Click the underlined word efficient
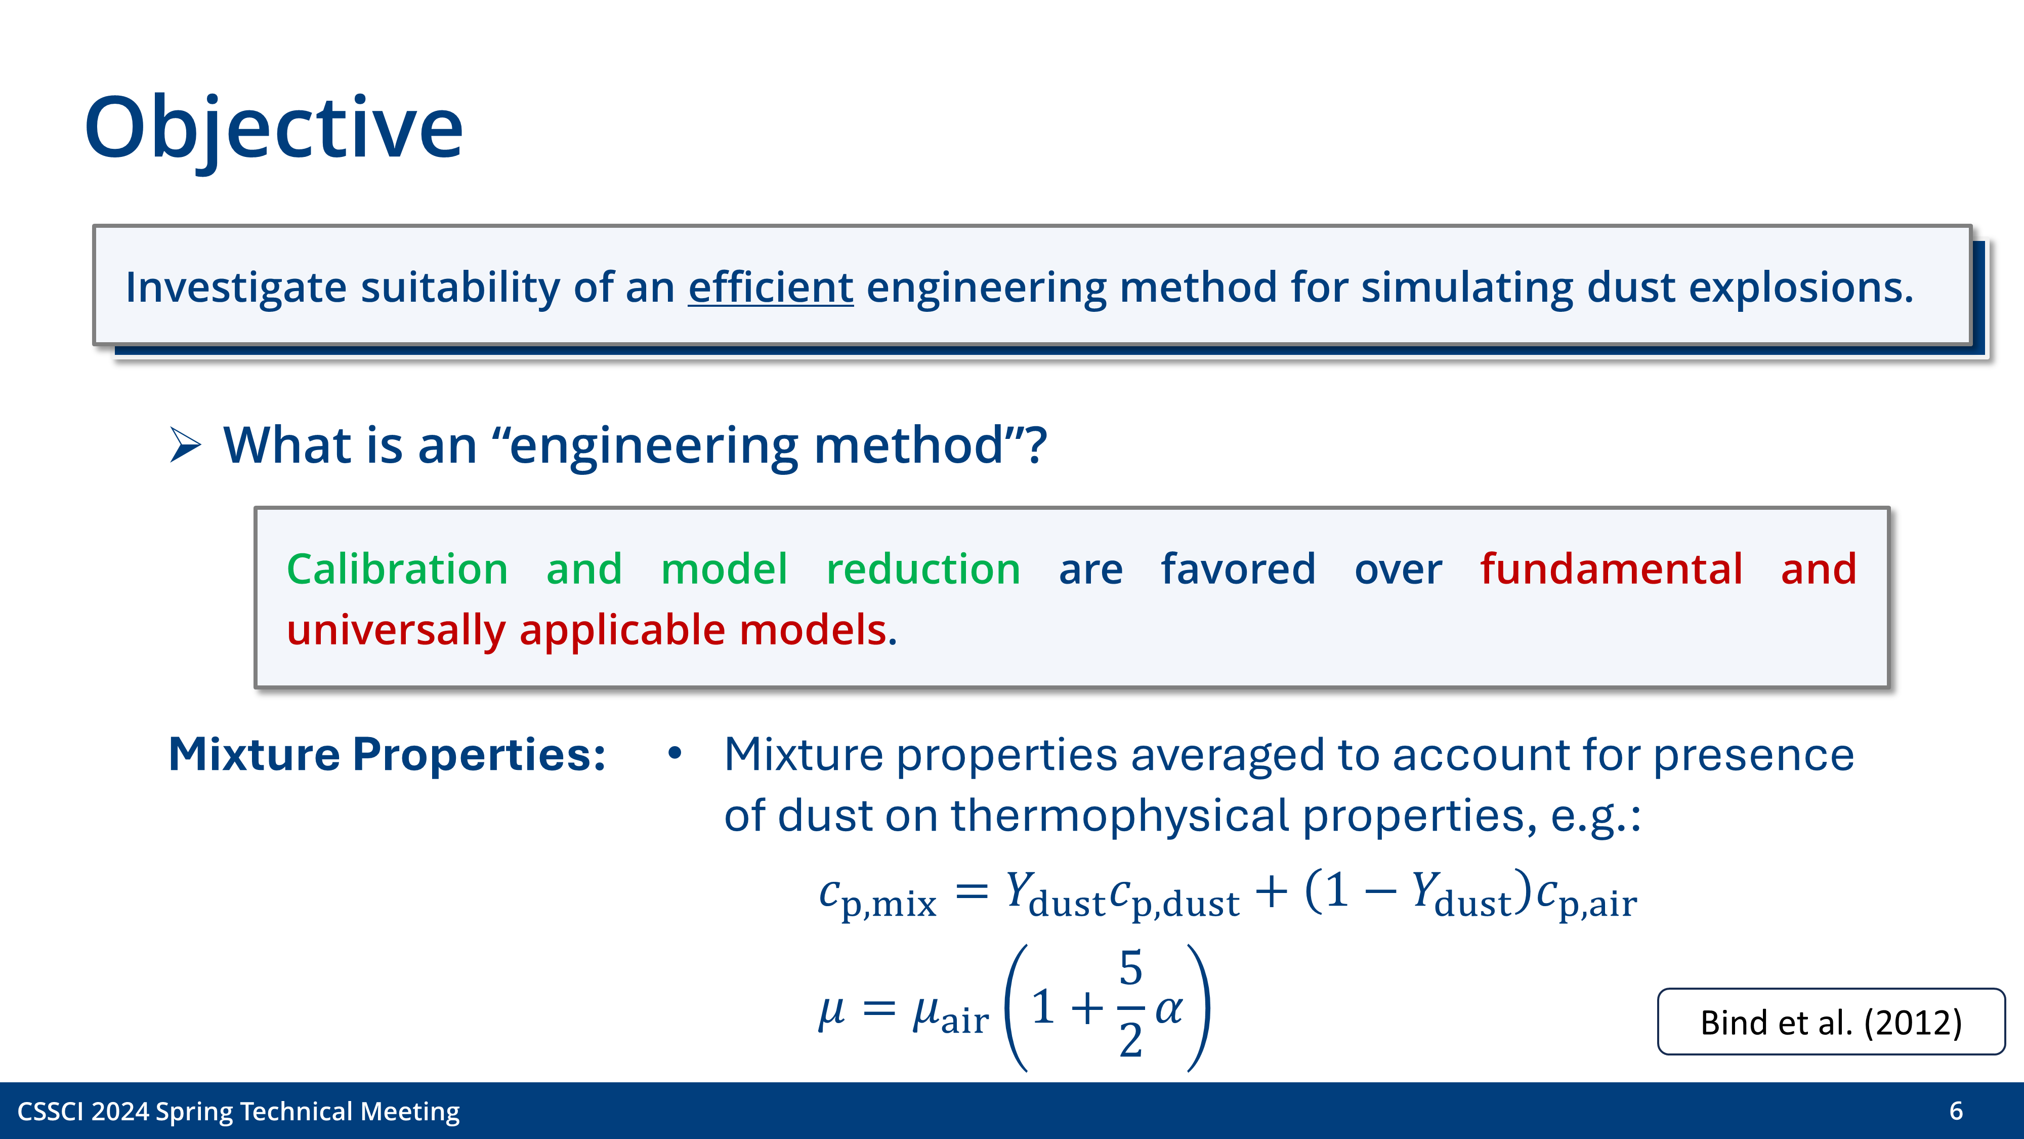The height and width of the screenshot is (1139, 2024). click(x=770, y=287)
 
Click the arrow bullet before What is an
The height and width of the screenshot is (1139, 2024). click(x=185, y=445)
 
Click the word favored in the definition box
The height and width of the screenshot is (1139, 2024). click(x=1238, y=568)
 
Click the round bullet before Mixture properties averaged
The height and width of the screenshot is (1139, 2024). click(x=674, y=754)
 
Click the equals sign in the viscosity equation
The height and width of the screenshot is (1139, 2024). click(x=878, y=1008)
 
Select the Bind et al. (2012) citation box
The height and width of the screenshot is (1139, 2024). click(x=1831, y=1022)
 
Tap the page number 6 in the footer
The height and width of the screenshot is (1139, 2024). click(x=1956, y=1111)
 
